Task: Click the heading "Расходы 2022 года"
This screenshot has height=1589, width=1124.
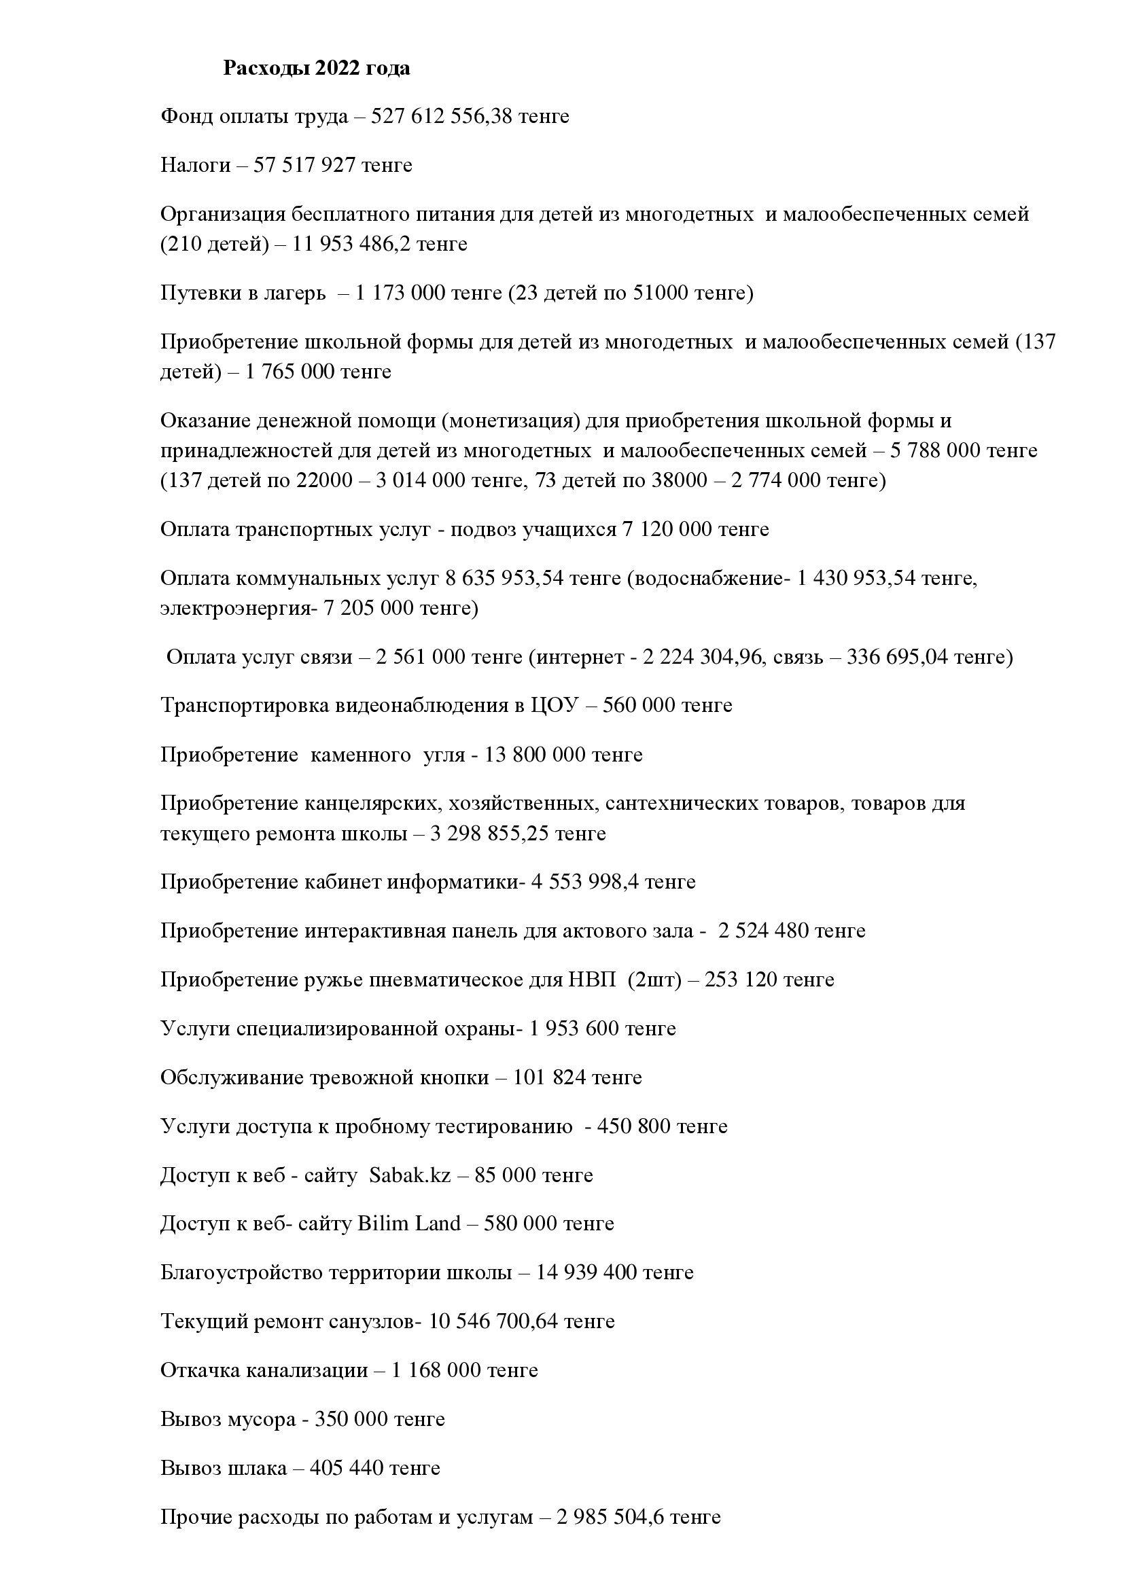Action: pos(316,68)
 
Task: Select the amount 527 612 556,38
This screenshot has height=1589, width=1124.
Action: pos(442,116)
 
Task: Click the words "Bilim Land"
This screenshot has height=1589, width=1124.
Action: pos(408,1224)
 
